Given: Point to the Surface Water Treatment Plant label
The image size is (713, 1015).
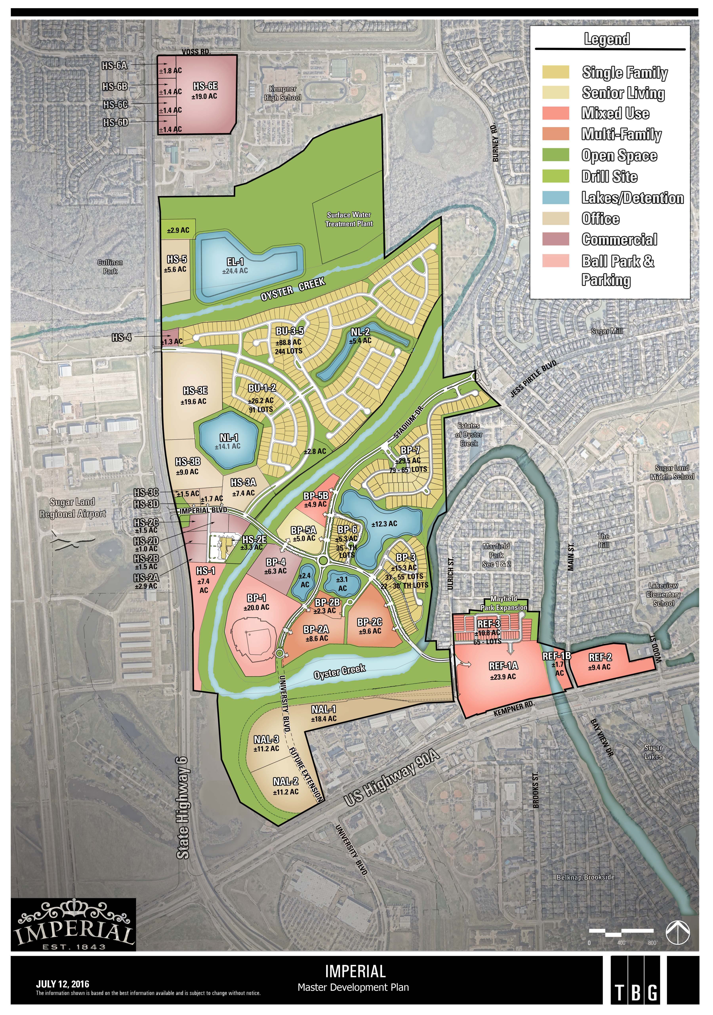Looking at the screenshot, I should pos(349,219).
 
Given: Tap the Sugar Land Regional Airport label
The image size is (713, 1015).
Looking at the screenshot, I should pos(72,507).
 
